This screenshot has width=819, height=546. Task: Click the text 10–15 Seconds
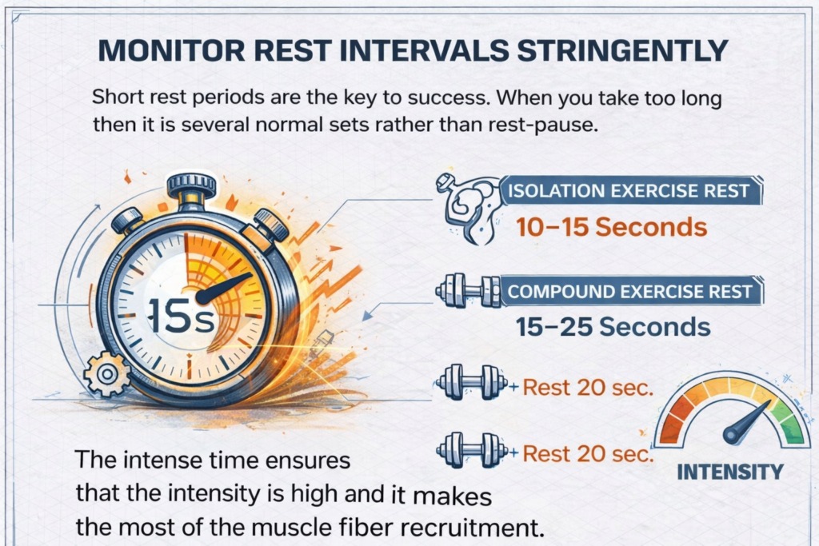click(612, 227)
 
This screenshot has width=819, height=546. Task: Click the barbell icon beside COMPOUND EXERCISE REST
click(467, 291)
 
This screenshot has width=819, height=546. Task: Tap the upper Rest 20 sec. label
click(588, 389)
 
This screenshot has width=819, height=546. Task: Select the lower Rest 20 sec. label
click(588, 454)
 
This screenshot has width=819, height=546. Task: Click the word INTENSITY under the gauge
click(729, 472)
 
